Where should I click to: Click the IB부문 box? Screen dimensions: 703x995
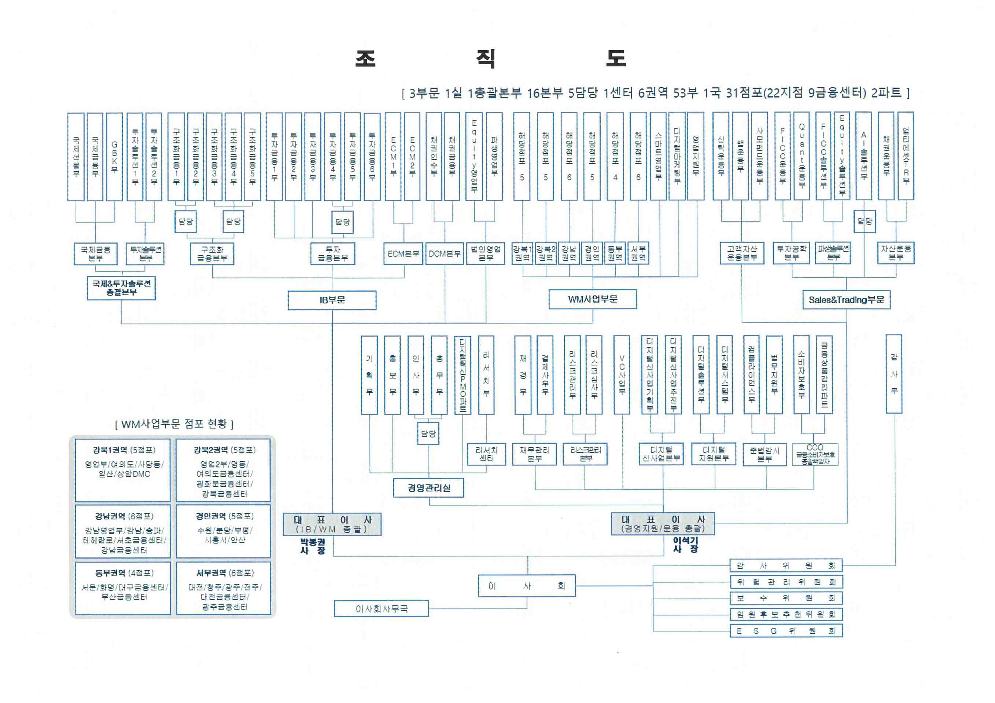click(x=332, y=300)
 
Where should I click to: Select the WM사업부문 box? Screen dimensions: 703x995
click(x=592, y=299)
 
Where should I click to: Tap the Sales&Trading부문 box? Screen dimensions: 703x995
click(x=846, y=300)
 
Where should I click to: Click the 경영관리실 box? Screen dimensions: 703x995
click(x=428, y=488)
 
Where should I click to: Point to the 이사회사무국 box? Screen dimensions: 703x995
click(x=382, y=608)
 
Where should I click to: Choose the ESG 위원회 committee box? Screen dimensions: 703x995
click(x=786, y=631)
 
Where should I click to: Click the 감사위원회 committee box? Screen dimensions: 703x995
click(x=786, y=565)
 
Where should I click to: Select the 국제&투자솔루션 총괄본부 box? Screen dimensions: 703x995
click(x=121, y=288)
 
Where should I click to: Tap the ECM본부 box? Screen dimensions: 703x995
click(x=403, y=254)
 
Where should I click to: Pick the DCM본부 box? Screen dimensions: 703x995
click(x=444, y=254)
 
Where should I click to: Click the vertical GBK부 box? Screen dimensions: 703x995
click(x=114, y=157)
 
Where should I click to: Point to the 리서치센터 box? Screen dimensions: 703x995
click(x=486, y=454)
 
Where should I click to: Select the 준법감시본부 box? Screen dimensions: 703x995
click(x=764, y=454)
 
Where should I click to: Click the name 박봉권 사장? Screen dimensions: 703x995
click(x=313, y=546)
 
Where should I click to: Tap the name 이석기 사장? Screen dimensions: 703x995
click(x=685, y=545)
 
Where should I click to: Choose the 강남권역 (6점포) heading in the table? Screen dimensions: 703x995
click(x=124, y=516)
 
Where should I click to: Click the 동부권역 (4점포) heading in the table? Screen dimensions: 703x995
click(x=124, y=573)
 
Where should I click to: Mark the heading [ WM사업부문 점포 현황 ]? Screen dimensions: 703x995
click(x=174, y=424)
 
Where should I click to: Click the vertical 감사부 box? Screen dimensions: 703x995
click(x=893, y=373)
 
